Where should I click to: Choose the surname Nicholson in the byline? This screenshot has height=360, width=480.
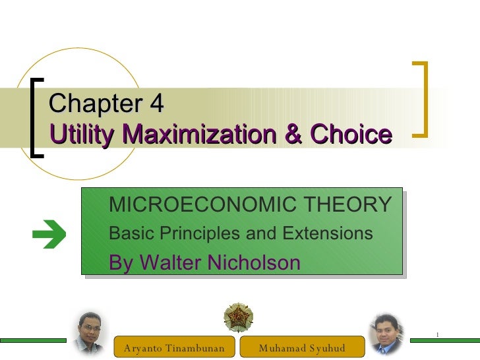[254, 262]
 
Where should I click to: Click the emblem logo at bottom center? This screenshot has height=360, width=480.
[238, 318]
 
